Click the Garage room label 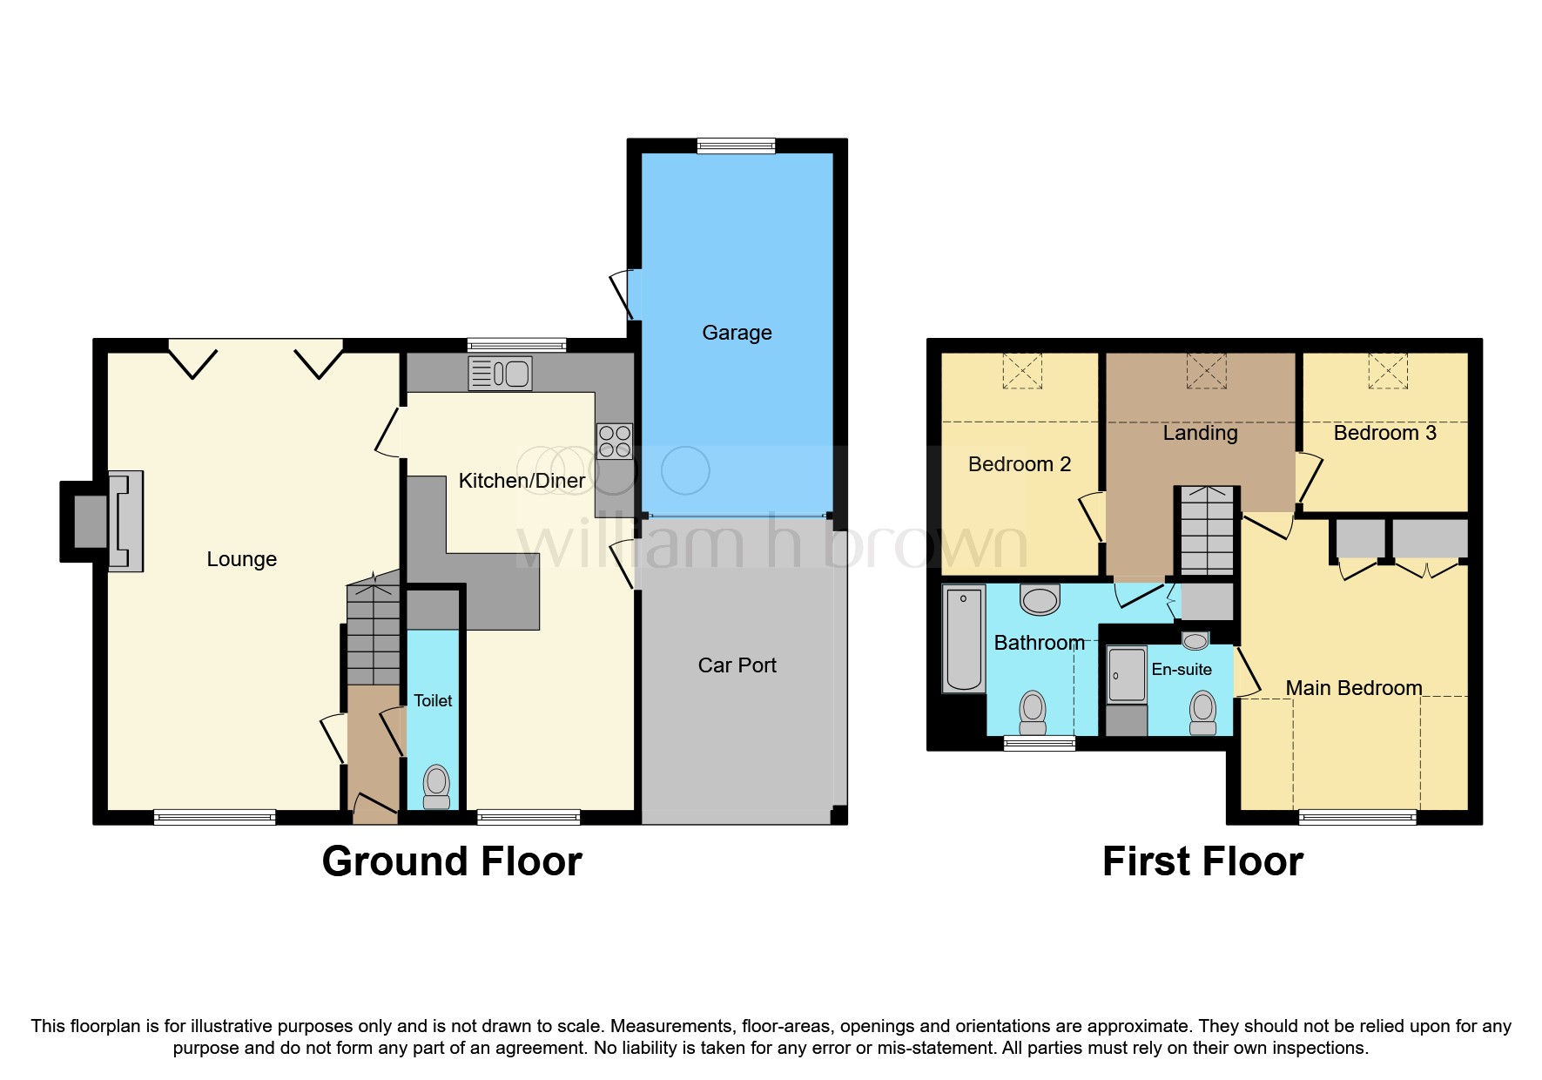point(737,333)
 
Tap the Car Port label point(737,665)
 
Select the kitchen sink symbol point(500,374)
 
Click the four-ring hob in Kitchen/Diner point(615,441)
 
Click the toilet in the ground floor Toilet point(436,786)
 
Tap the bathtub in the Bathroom point(964,638)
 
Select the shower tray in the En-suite point(1127,674)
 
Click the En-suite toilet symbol point(1202,712)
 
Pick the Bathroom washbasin point(1040,599)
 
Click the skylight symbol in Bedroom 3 point(1387,371)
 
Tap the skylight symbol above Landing point(1206,371)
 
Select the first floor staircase point(1207,530)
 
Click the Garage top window point(736,145)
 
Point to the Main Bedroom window point(1357,816)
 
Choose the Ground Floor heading point(452,861)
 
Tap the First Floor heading point(1202,861)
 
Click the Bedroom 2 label point(1020,464)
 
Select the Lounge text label point(241,559)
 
